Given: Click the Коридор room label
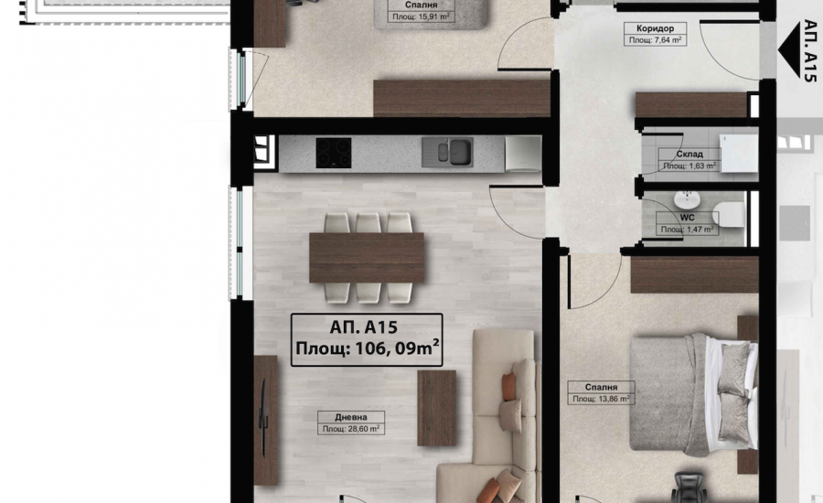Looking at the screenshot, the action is click(655, 28).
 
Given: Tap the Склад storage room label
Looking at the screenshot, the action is click(689, 155).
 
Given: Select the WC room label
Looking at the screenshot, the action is click(687, 218).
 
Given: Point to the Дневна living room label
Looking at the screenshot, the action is click(351, 417).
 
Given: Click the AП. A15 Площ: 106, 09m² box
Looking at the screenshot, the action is click(367, 339).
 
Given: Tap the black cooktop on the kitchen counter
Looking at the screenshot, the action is click(333, 153).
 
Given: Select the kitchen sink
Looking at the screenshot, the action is click(447, 152).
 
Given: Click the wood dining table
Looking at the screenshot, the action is click(367, 258).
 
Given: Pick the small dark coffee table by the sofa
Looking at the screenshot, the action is click(436, 409).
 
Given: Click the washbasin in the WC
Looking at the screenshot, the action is click(687, 200).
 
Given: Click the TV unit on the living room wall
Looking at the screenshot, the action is click(265, 420).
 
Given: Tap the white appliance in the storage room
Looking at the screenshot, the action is click(739, 153).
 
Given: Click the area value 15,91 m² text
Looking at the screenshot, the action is click(422, 16).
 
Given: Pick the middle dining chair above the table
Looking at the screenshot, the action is click(368, 222).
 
